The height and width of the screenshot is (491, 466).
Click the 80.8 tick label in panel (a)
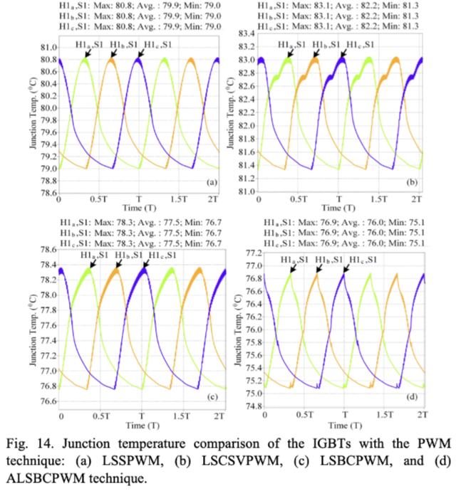(x=48, y=60)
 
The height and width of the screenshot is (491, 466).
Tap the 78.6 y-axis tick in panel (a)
(x=48, y=193)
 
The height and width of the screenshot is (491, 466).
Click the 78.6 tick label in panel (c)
(x=48, y=250)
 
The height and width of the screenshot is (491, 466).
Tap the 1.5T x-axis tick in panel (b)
(x=382, y=201)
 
